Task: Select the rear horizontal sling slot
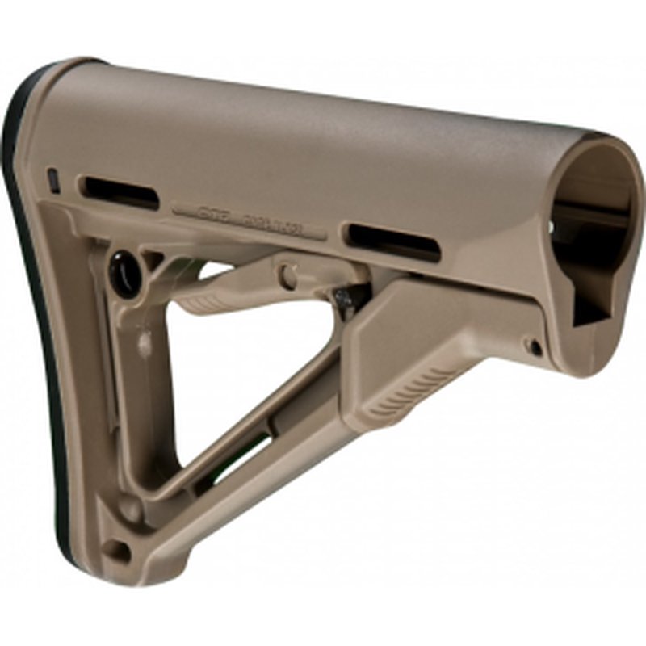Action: [x=120, y=191]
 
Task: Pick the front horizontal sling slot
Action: [x=394, y=242]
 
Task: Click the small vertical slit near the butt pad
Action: [x=53, y=179]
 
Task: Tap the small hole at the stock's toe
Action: [x=119, y=552]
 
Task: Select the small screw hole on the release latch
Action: [x=534, y=347]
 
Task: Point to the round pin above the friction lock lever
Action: [x=287, y=275]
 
